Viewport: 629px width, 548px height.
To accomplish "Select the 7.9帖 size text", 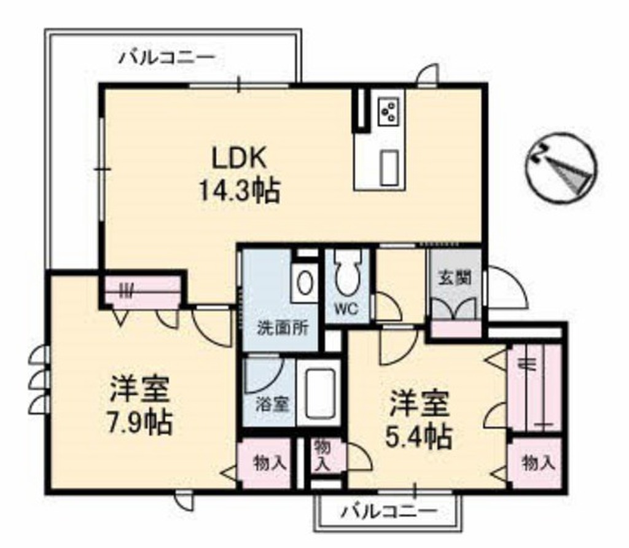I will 139,423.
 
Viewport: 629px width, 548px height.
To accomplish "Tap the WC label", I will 347,309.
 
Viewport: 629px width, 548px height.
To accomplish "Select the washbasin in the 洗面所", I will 304,283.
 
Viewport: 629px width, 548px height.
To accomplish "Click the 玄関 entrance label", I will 455,278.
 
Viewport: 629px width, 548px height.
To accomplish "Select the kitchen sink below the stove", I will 388,167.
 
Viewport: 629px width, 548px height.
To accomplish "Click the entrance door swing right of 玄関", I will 507,289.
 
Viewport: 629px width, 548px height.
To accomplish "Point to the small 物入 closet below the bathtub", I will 321,455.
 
